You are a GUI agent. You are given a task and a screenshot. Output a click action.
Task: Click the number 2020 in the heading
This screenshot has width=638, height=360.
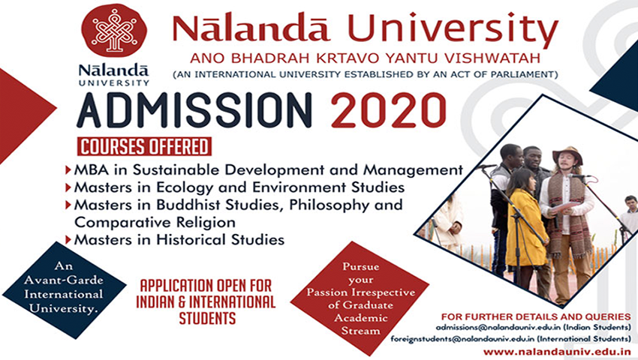[389, 111]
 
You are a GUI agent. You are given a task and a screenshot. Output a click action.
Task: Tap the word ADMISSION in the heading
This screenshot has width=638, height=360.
[194, 111]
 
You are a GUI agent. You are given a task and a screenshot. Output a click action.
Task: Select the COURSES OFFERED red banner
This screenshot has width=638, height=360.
[144, 147]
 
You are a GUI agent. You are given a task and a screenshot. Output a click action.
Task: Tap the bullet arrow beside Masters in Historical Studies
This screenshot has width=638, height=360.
[68, 239]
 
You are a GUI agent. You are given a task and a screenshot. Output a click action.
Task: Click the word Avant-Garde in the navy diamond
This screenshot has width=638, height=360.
[64, 280]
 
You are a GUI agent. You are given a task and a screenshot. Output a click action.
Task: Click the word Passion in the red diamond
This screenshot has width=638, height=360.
[327, 292]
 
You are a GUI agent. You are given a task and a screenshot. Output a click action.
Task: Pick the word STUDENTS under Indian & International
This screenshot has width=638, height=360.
[207, 318]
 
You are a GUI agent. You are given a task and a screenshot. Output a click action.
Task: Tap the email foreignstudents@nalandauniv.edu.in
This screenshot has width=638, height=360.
[462, 338]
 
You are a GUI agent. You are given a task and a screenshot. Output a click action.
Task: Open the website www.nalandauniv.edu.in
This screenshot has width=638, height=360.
[557, 352]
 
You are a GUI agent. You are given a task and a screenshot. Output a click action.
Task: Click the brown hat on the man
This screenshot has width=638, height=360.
[567, 153]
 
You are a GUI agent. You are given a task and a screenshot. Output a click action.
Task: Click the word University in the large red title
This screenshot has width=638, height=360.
[453, 28]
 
